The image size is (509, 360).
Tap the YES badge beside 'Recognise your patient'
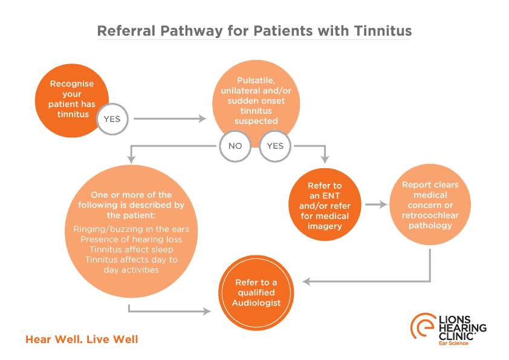click(112, 119)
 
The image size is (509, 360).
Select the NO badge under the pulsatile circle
click(235, 146)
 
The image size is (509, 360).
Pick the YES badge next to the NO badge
click(275, 146)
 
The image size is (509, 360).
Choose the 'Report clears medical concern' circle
click(431, 205)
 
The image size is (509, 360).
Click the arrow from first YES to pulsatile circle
click(169, 119)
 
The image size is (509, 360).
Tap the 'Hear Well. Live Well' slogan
click(82, 339)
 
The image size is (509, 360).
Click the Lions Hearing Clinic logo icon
click(421, 327)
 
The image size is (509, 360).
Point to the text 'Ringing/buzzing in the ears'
click(131, 229)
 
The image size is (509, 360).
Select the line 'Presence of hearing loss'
click(131, 239)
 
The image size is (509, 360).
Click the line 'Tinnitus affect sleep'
click(131, 249)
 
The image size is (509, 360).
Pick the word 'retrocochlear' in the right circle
click(430, 215)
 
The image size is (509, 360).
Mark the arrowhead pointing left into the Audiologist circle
click(306, 281)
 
